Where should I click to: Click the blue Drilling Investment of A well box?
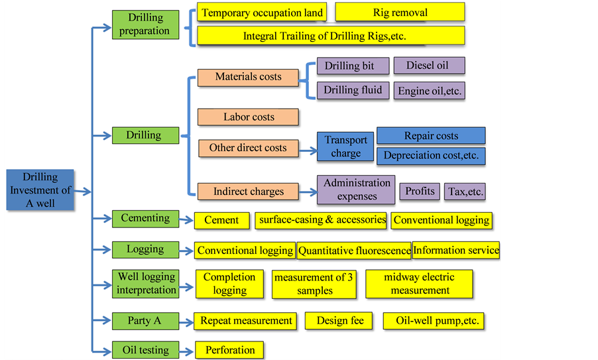click(40, 190)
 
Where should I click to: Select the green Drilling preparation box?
click(145, 25)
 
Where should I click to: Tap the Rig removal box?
click(400, 12)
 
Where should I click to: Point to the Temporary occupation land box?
click(262, 13)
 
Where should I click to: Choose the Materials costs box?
click(248, 77)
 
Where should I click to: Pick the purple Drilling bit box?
click(349, 66)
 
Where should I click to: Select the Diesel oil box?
click(429, 65)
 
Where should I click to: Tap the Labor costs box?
click(248, 117)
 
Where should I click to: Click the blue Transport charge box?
click(345, 147)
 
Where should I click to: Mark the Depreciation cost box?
click(431, 156)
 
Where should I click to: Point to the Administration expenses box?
click(356, 190)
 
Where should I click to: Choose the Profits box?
click(420, 191)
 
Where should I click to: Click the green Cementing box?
click(145, 218)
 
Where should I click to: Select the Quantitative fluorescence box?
click(354, 251)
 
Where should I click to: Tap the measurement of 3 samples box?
click(314, 284)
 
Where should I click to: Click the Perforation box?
click(229, 350)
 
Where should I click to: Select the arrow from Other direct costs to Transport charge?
click(308, 150)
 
